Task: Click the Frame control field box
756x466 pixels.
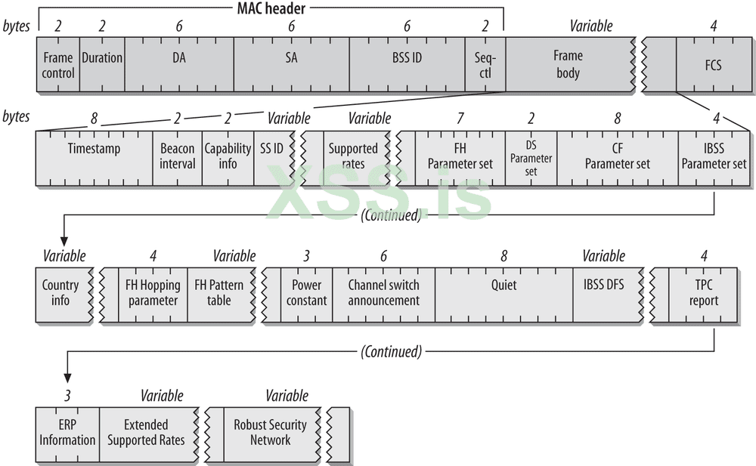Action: (57, 65)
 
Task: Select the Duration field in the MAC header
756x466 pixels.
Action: (102, 65)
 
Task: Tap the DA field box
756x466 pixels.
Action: (179, 65)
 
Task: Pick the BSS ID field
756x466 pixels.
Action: (407, 65)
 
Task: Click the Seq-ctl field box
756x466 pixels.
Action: (485, 65)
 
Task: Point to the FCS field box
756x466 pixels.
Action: (712, 65)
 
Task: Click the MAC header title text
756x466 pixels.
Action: (271, 8)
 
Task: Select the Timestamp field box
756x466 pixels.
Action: (94, 157)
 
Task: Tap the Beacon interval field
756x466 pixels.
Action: (178, 157)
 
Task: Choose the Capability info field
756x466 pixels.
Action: (228, 157)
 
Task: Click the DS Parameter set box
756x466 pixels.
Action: (531, 157)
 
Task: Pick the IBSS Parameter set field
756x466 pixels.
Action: (714, 157)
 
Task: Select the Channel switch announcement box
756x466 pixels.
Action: (383, 293)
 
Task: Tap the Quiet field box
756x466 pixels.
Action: (503, 293)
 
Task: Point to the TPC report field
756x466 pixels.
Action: (704, 293)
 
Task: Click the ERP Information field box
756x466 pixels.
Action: (67, 432)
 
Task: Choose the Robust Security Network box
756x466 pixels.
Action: (270, 432)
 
